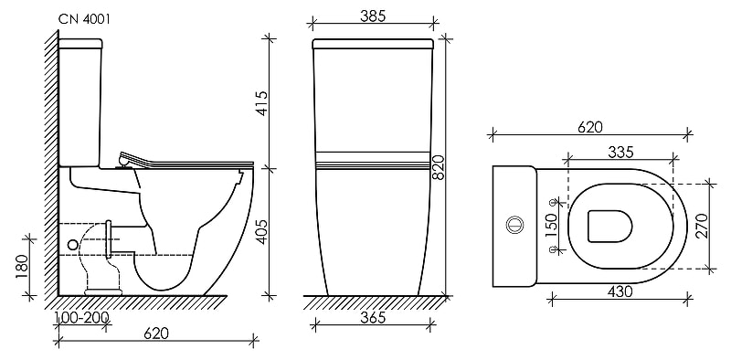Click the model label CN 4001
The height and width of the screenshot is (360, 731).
(84, 19)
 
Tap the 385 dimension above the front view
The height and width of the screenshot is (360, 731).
(373, 16)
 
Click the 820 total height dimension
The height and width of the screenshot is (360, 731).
(439, 168)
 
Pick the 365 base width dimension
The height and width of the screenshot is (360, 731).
(373, 318)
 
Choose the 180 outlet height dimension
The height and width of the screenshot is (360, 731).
(22, 267)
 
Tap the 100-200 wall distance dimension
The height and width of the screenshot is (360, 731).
(81, 318)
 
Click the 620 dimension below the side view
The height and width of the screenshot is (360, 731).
(156, 334)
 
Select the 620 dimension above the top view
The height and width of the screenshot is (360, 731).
(589, 127)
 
